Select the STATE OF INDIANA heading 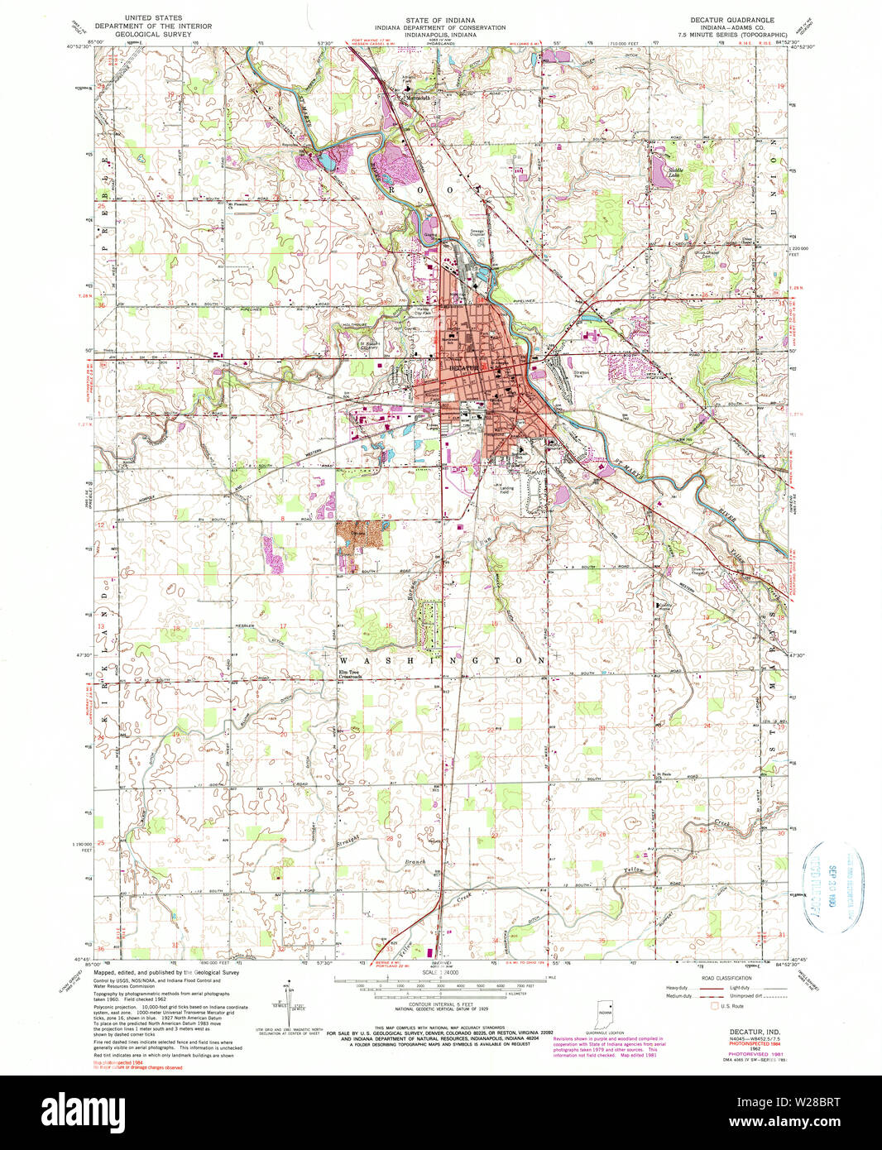440,18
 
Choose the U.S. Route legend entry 734,1006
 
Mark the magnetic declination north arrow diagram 291,999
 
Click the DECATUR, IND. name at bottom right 752,1031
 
